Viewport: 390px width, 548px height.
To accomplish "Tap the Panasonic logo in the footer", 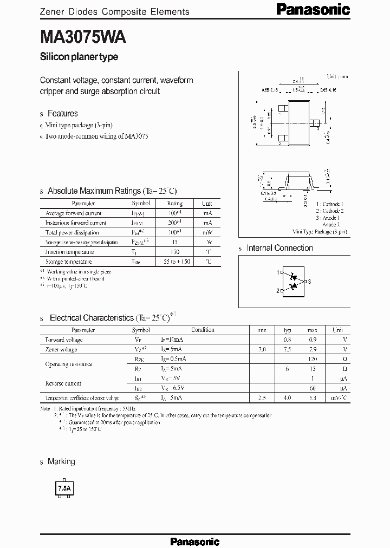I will click(x=195, y=541).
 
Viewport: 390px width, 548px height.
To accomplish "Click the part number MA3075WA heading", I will click(x=83, y=37).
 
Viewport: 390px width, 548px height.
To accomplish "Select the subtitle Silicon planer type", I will click(x=79, y=57).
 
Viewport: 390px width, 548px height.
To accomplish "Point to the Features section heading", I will click(x=62, y=114).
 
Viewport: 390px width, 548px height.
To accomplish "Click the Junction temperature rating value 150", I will click(x=174, y=252).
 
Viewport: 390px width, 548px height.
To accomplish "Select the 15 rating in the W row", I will click(x=174, y=242).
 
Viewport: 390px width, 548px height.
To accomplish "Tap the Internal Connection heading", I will click(x=279, y=248).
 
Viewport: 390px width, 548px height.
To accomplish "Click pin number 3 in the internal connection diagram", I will click(x=309, y=282).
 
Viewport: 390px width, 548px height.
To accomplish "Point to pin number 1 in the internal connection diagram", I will click(x=278, y=272).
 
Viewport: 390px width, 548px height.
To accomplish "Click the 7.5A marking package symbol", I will click(x=64, y=488).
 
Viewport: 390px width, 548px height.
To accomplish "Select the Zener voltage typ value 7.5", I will click(x=288, y=349).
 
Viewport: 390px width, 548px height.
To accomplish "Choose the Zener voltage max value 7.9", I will click(x=312, y=349).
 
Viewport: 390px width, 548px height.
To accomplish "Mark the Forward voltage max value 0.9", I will click(x=312, y=340).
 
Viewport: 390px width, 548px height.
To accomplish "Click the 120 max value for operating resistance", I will click(x=312, y=359).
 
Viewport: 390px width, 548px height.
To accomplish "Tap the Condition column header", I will click(x=203, y=330).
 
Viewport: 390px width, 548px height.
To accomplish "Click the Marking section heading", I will click(x=61, y=461).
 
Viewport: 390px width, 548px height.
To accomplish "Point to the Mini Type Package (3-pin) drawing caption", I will click(x=320, y=231).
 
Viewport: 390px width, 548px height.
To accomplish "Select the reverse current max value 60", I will click(x=313, y=388).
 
